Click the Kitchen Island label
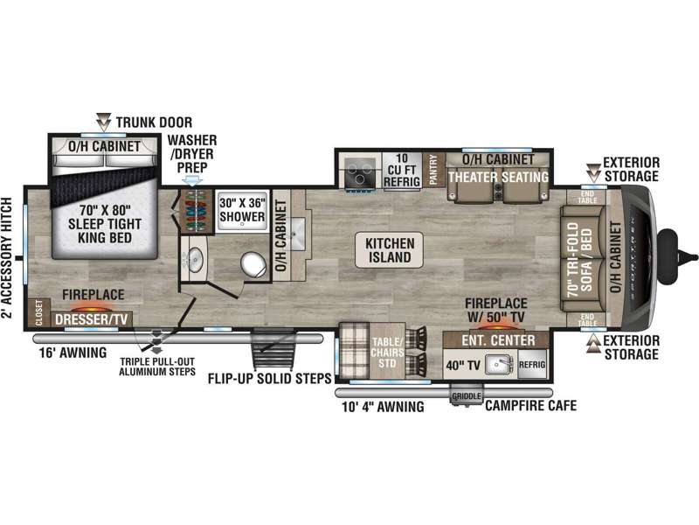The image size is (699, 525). (389, 250)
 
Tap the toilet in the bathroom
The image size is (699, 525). (253, 264)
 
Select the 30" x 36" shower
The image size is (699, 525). (242, 211)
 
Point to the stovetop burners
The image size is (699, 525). (360, 172)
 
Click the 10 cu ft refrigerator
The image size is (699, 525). (402, 171)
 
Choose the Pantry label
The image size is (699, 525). (433, 170)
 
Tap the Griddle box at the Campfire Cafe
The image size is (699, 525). (467, 396)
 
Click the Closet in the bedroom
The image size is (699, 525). (38, 313)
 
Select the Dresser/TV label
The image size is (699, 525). (92, 319)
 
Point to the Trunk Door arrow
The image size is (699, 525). (104, 122)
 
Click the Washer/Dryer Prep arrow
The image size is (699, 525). (192, 180)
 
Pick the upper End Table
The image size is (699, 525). (587, 197)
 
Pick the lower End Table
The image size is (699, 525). (587, 319)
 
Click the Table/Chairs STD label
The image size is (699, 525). (387, 353)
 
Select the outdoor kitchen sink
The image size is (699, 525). (499, 365)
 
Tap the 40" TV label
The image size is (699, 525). (463, 366)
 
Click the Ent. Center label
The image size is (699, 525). (498, 340)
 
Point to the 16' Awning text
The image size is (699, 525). (73, 353)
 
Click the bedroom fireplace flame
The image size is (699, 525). (93, 307)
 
